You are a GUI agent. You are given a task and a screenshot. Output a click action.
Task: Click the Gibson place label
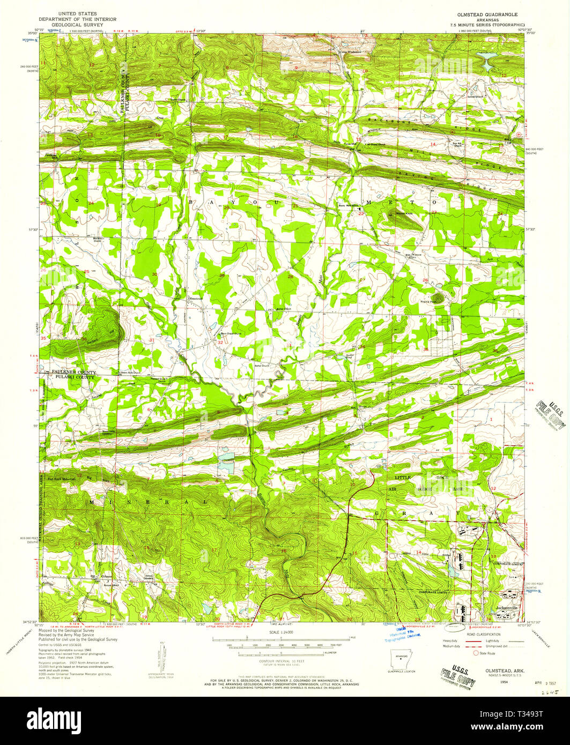pos(106,577)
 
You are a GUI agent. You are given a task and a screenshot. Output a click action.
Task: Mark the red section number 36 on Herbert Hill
pos(84,339)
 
